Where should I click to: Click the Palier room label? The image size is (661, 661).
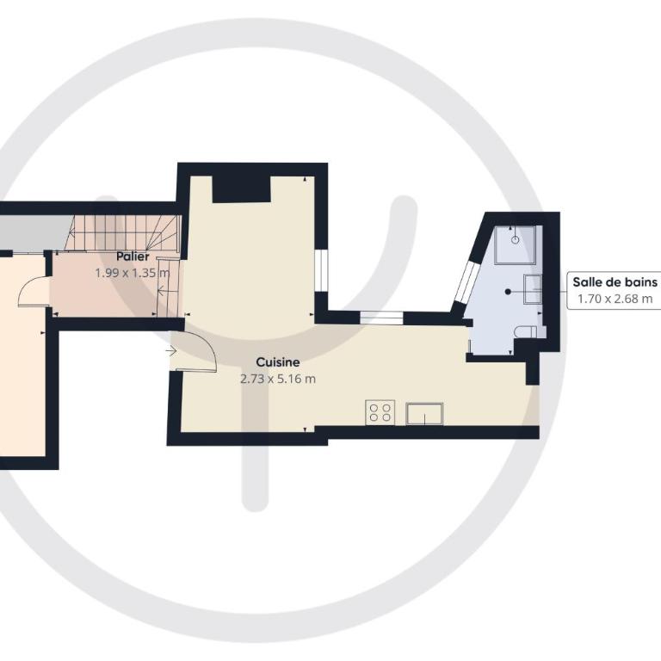[x=133, y=256]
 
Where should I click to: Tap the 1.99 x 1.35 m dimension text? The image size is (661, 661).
[x=133, y=273]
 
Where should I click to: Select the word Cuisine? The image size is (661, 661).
[x=278, y=362]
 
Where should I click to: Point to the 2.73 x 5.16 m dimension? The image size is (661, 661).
[x=278, y=379]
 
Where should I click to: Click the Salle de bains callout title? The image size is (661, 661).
[x=615, y=282]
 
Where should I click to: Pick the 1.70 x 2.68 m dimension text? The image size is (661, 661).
[x=615, y=299]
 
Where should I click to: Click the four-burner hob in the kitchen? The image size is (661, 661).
[x=380, y=412]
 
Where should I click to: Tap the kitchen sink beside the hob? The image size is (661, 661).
[x=424, y=413]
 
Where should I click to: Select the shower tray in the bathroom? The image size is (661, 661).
[x=516, y=245]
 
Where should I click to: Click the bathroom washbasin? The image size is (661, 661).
[x=533, y=289]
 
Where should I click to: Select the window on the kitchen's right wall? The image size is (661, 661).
[x=321, y=270]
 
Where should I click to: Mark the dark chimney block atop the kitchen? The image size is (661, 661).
[x=241, y=189]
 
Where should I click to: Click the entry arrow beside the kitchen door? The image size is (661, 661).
[x=170, y=350]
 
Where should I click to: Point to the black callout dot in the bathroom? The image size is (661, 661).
[x=508, y=291]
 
